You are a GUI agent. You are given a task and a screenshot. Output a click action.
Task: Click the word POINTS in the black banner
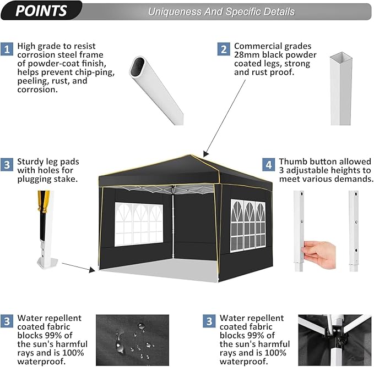pyautogui.click(x=41, y=11)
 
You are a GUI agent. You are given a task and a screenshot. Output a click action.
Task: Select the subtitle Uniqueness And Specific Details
pyautogui.click(x=221, y=12)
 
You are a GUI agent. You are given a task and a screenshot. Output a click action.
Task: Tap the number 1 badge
pyautogui.click(x=7, y=49)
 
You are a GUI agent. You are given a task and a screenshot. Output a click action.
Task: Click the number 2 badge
pyautogui.click(x=224, y=49)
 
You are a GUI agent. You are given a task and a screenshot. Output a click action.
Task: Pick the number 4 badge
pyautogui.click(x=268, y=164)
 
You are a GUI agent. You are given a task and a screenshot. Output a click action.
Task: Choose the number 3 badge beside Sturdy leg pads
pyautogui.click(x=7, y=164)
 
